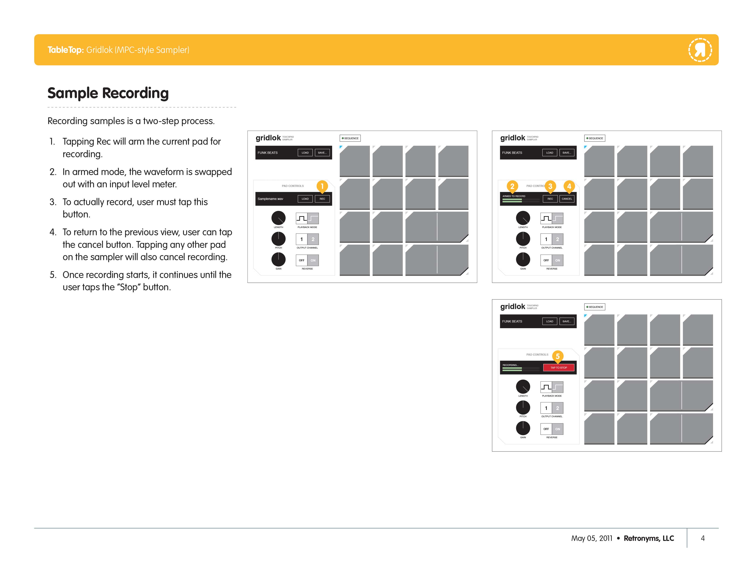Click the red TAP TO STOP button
[x=559, y=367]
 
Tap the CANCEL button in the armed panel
[x=567, y=199]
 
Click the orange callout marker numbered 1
[x=322, y=186]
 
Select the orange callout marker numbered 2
[x=512, y=186]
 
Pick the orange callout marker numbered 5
[x=557, y=356]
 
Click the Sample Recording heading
[x=108, y=93]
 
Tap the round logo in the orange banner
[x=700, y=50]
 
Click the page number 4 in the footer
[x=703, y=538]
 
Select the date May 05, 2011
[x=592, y=538]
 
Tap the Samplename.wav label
[x=270, y=199]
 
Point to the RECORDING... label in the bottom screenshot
[x=510, y=365]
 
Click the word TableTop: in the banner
[x=65, y=50]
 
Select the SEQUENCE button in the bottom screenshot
[x=595, y=307]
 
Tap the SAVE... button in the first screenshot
[x=322, y=153]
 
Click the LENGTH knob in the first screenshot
[x=278, y=218]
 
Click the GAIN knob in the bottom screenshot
[x=523, y=428]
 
